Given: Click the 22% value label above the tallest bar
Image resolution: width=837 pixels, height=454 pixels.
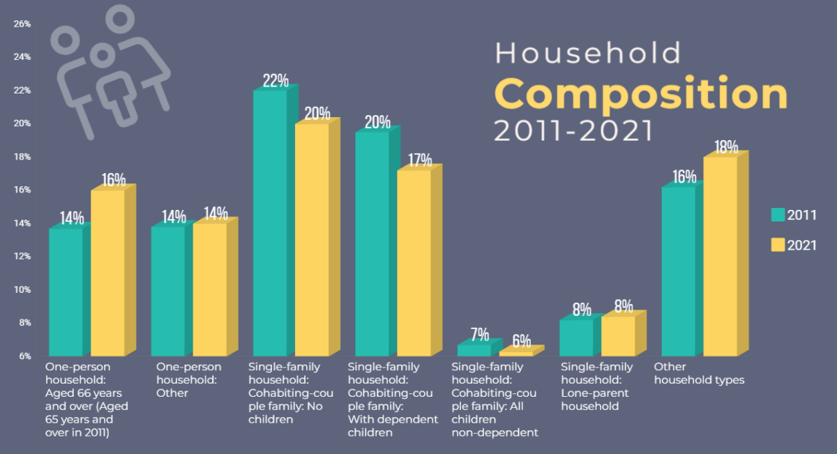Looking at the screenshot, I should click(x=276, y=80).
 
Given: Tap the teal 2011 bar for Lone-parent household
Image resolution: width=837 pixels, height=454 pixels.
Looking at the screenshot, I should click(x=576, y=338).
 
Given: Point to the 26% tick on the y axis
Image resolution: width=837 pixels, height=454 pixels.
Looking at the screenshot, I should click(x=22, y=24).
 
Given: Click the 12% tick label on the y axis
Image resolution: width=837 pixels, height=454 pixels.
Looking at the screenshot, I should click(x=22, y=257).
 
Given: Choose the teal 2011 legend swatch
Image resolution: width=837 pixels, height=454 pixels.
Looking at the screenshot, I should click(x=778, y=215).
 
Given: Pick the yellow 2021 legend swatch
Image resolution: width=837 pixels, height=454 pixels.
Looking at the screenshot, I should click(x=778, y=245).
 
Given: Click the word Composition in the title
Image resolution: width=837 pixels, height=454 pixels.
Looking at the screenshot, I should click(x=641, y=93).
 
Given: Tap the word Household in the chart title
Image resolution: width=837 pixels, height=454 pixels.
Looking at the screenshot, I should click(x=588, y=53).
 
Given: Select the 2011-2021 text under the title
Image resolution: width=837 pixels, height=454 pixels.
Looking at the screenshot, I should click(x=574, y=131).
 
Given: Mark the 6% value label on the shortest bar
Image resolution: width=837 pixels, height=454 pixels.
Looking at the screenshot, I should click(x=521, y=342).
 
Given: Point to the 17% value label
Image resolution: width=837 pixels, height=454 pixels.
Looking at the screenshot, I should click(x=420, y=160).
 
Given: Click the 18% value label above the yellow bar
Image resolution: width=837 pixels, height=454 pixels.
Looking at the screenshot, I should click(x=726, y=147).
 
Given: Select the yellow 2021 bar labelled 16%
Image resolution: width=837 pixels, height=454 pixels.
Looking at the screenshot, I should click(x=108, y=273).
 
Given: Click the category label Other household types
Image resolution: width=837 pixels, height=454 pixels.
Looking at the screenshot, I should click(x=698, y=374).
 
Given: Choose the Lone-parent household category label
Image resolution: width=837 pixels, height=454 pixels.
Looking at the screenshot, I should click(x=596, y=386).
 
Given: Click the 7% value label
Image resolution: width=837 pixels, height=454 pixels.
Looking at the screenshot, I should click(x=479, y=334).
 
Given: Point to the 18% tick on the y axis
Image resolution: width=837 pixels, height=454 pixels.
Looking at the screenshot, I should click(x=22, y=157).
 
